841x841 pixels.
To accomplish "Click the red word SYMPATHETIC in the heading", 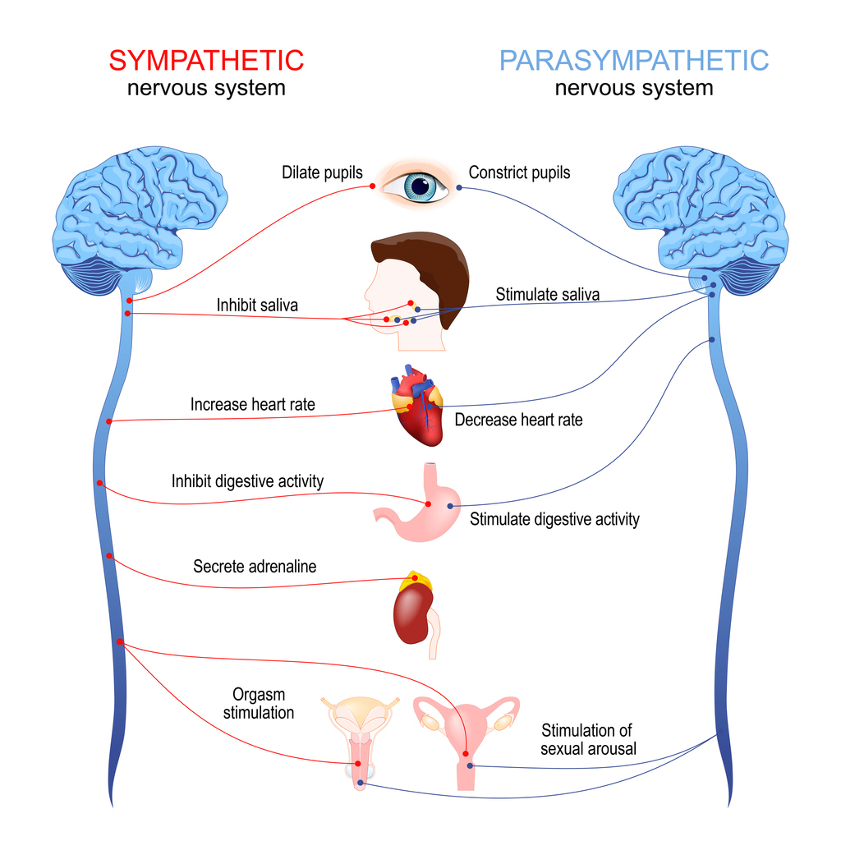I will (x=206, y=60).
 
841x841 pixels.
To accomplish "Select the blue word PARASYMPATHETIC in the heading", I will (x=634, y=60).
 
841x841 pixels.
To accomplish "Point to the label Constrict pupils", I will (x=519, y=173).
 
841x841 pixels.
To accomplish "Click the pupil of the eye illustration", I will (x=420, y=186).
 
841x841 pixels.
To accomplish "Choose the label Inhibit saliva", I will (x=257, y=306).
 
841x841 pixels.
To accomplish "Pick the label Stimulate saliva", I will (x=547, y=294).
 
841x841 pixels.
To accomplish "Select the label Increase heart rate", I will (x=252, y=404).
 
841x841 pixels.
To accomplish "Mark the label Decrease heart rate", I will (x=518, y=420).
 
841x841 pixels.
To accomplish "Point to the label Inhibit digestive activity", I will (x=247, y=481).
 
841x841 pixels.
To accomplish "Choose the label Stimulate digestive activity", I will (x=554, y=519).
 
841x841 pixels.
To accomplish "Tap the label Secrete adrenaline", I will (x=255, y=567).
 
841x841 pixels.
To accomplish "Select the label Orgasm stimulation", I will (x=259, y=704).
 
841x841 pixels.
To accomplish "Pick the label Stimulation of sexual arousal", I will (x=588, y=739).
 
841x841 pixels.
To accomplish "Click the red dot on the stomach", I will (x=428, y=504).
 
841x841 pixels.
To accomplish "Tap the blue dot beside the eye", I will (x=459, y=187).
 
